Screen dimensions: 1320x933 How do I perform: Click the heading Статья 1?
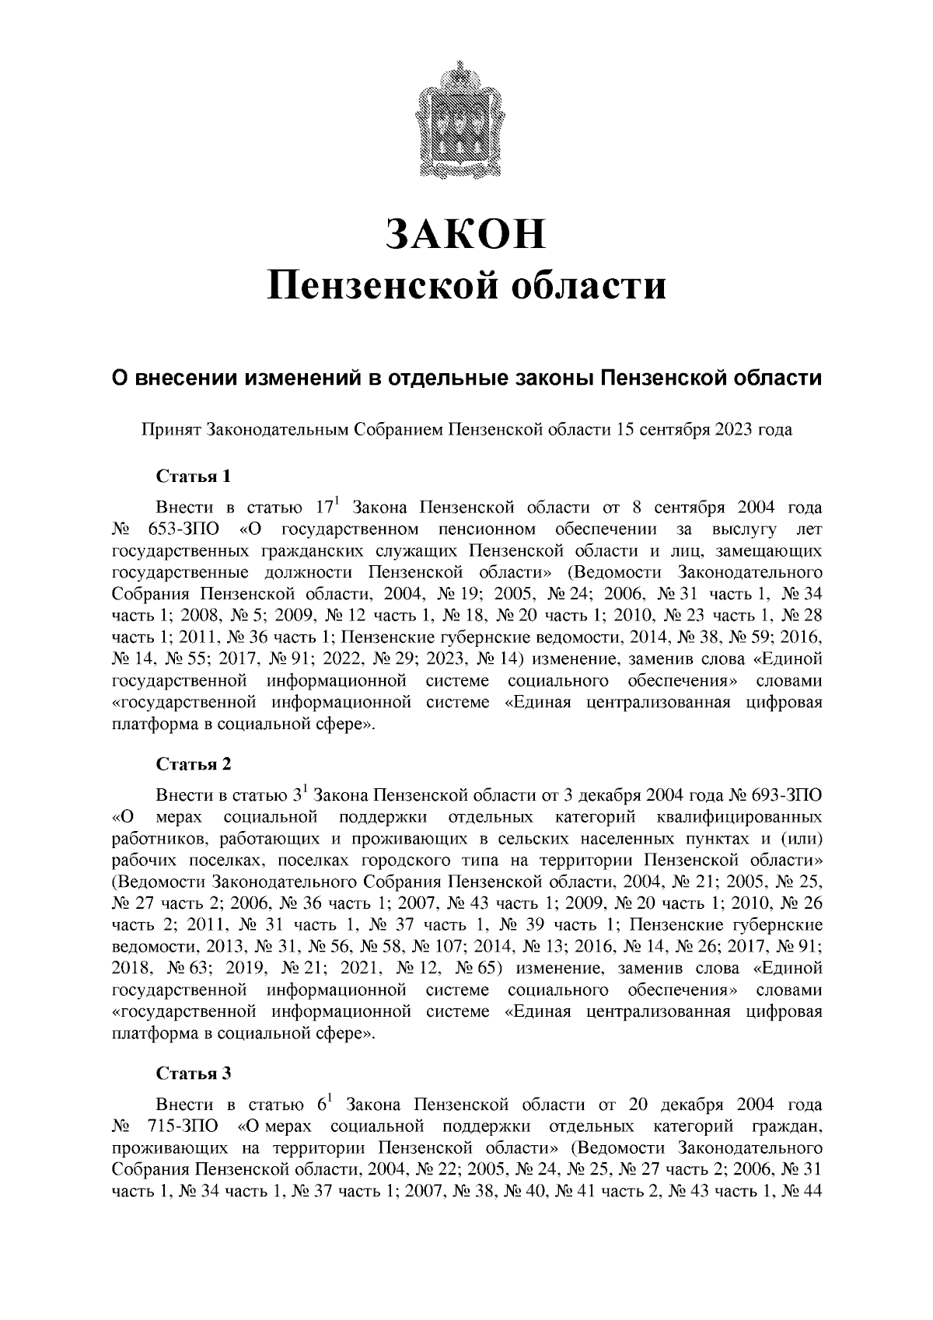(194, 475)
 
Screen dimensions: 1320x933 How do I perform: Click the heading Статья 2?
(194, 763)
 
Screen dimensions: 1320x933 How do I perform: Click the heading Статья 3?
(194, 1074)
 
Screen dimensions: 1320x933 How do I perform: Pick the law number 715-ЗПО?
(183, 1126)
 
